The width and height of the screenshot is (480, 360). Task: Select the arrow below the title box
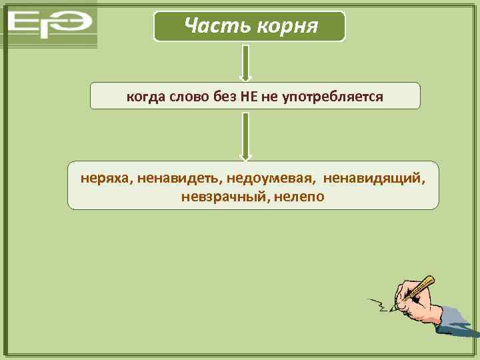[245, 63]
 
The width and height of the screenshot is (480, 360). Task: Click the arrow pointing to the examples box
[245, 136]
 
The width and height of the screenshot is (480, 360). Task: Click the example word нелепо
[299, 197]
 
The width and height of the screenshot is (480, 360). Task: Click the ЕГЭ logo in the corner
[50, 25]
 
